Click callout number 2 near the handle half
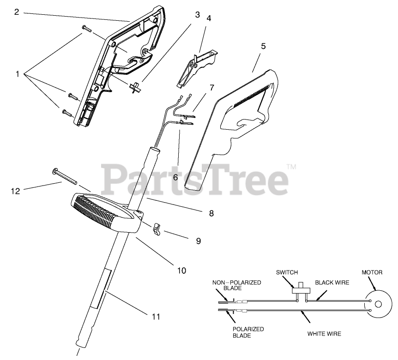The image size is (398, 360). [17, 12]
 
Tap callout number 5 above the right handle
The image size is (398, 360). [264, 46]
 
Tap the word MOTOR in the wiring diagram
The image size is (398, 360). [372, 272]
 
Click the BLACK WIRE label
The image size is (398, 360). [332, 282]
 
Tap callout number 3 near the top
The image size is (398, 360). [197, 14]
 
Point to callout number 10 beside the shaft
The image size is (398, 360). [181, 270]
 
